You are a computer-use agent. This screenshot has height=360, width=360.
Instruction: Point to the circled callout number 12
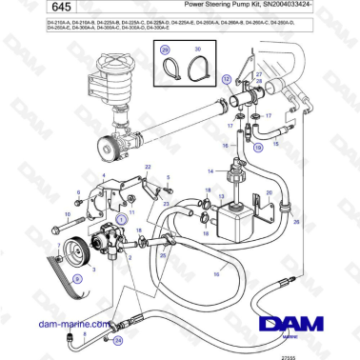[x=226, y=82]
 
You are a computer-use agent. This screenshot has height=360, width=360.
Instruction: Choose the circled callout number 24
[x=118, y=337]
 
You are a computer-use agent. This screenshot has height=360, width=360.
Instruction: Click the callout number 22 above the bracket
[x=148, y=166]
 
